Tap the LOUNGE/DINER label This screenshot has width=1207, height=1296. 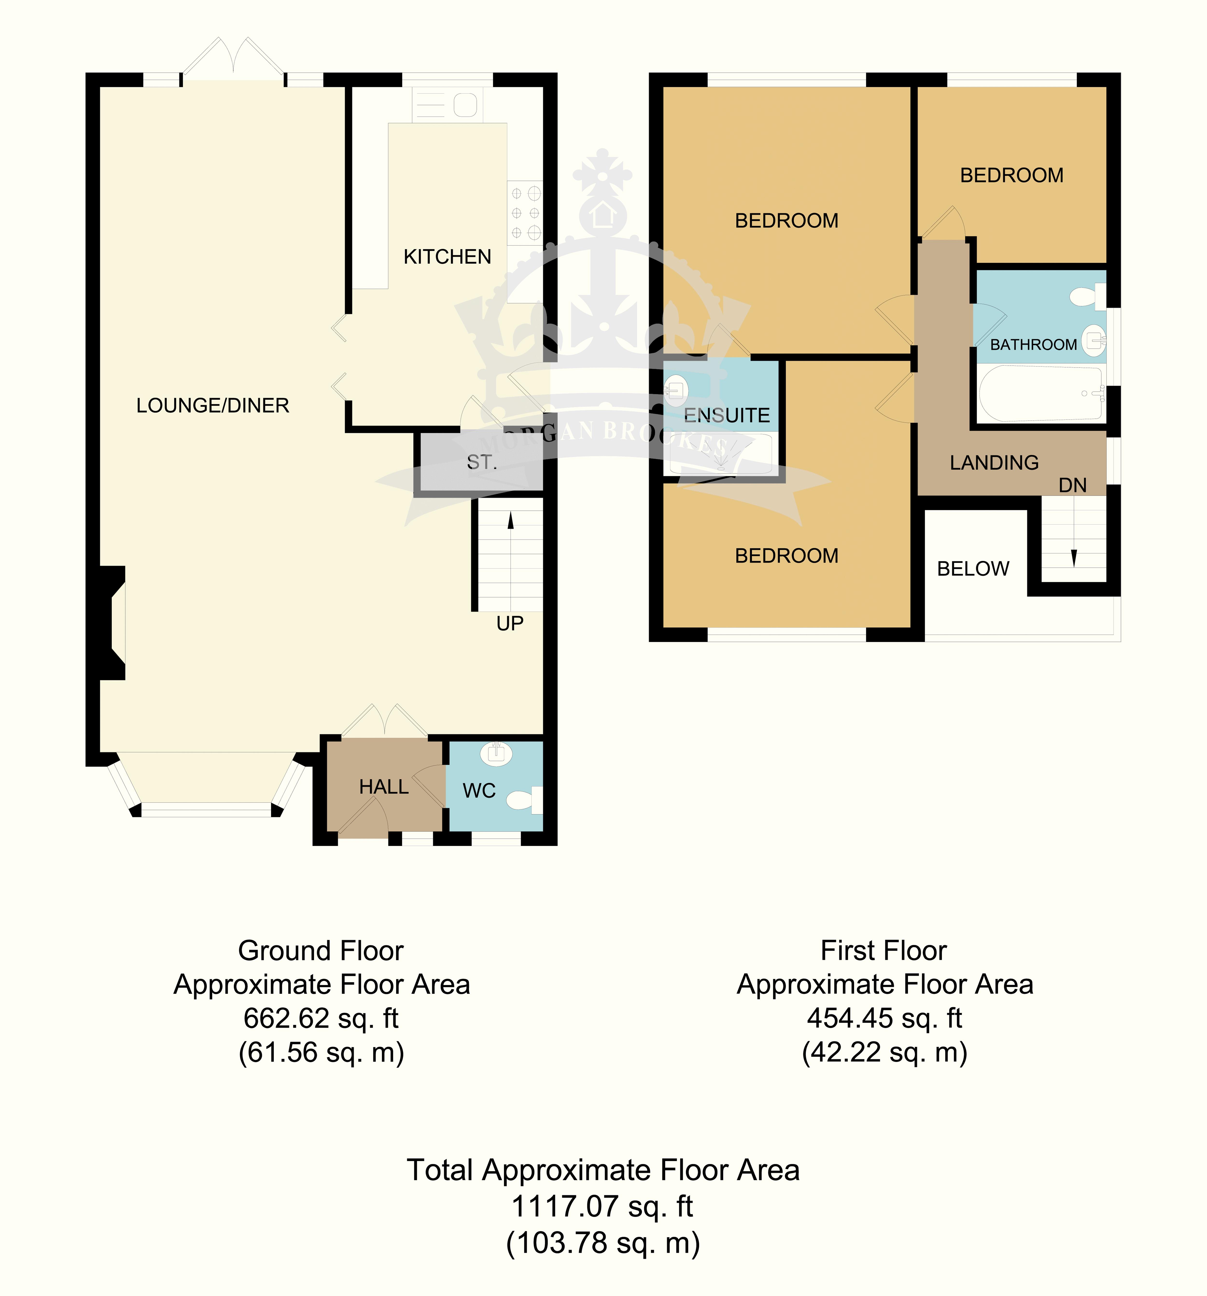coord(212,405)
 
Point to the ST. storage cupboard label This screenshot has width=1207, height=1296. coord(482,462)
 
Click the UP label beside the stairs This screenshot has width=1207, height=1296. coord(510,624)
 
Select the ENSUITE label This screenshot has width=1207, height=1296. coord(727,415)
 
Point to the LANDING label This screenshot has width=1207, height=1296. coord(994,463)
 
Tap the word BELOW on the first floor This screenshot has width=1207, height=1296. coord(973,569)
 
